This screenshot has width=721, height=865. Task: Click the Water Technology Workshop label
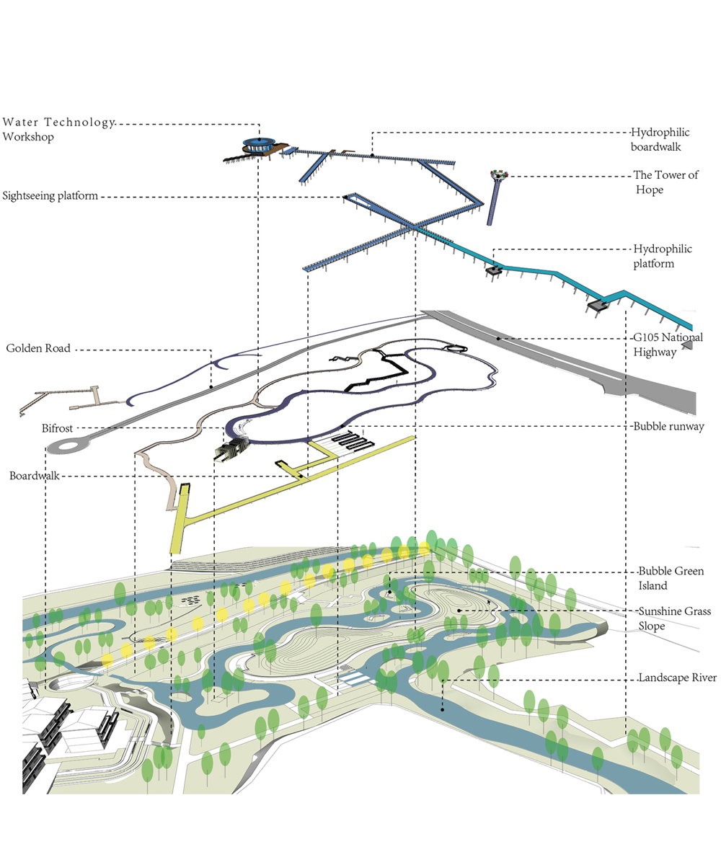pos(58,128)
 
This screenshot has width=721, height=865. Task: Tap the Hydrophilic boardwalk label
pos(660,139)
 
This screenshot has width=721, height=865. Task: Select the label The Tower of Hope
pos(665,182)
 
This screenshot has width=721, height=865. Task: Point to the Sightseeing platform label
pos(50,195)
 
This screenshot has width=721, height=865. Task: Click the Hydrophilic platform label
pos(663,256)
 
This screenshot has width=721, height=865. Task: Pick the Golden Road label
pos(38,348)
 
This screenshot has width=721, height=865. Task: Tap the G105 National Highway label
pos(668,345)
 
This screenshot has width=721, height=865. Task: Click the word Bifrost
pos(57,428)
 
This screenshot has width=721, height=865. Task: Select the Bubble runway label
pos(669,426)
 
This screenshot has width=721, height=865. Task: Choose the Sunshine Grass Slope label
pos(674,618)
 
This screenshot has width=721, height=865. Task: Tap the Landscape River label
pos(677,678)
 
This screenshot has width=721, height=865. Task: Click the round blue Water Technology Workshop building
pos(258,143)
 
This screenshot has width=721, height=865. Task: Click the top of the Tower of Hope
pos(498,174)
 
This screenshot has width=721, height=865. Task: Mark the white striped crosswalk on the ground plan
pos(353,677)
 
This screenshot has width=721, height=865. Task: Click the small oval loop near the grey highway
pos(455,349)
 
